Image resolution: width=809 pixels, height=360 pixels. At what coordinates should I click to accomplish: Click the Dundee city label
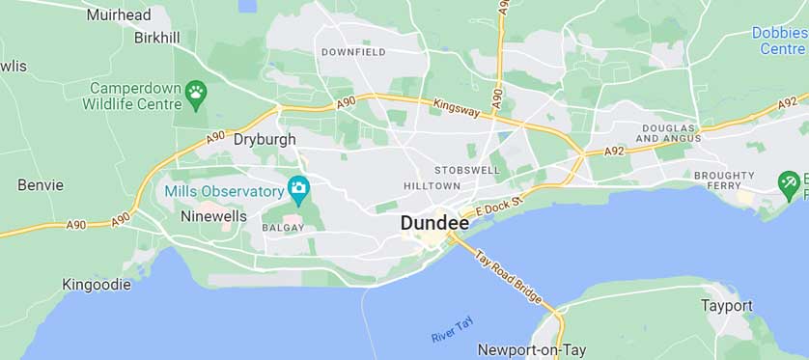(x=434, y=223)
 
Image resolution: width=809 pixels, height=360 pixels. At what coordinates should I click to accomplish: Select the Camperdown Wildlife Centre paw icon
(x=196, y=93)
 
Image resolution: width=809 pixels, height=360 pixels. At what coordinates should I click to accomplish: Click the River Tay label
(x=452, y=329)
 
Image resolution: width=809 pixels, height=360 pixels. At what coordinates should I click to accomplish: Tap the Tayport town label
(x=726, y=306)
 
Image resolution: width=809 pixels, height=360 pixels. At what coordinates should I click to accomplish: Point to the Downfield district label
(x=352, y=51)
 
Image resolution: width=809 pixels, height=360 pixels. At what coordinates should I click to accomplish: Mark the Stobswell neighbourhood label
(x=467, y=170)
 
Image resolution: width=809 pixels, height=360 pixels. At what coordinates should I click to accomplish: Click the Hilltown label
(x=432, y=185)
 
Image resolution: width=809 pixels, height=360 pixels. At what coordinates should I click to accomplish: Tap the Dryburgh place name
(x=265, y=139)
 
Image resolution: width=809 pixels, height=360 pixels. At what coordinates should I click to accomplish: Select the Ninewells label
(x=213, y=217)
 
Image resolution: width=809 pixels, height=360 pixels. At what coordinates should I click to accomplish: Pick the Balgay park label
(x=283, y=228)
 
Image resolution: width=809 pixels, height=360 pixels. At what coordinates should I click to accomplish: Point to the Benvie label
(x=41, y=184)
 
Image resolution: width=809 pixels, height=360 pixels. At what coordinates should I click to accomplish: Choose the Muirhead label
(x=118, y=14)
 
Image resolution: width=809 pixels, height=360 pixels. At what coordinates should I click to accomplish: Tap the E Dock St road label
(x=503, y=203)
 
